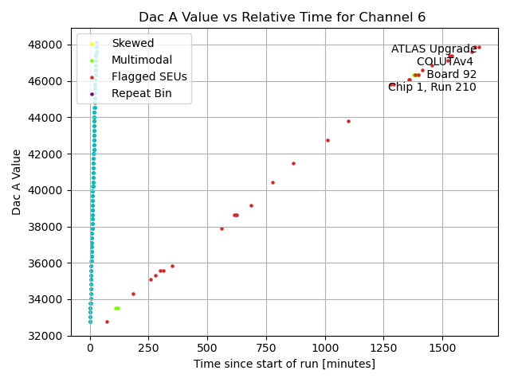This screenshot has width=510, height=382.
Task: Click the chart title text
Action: click(282, 17)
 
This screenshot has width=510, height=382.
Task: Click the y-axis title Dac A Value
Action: click(17, 182)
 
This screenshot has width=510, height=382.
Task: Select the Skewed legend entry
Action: click(132, 43)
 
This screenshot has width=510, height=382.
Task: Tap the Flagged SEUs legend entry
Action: click(149, 77)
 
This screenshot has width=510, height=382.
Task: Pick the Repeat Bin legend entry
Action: click(141, 94)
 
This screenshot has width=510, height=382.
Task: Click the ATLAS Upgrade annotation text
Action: click(433, 49)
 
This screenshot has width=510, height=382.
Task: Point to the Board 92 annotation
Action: click(451, 75)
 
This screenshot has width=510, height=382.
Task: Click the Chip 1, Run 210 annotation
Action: click(432, 88)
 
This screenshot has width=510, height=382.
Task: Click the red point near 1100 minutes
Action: click(348, 121)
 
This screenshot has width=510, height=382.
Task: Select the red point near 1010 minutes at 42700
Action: click(328, 140)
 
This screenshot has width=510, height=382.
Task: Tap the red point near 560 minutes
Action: click(222, 228)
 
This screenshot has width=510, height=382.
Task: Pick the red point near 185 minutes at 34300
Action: click(133, 294)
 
